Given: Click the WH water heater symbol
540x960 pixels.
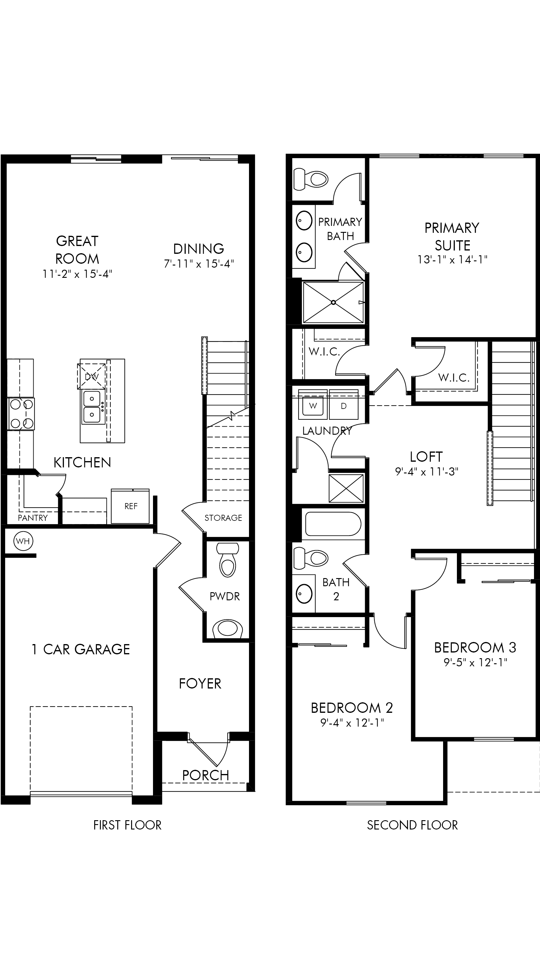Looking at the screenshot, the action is (23, 541).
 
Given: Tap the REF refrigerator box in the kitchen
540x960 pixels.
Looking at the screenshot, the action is (130, 506).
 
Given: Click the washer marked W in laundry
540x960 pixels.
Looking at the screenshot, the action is (313, 405).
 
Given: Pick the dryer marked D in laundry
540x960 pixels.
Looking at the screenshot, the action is (343, 405).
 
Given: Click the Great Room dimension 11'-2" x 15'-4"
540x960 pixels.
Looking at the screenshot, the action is (77, 274).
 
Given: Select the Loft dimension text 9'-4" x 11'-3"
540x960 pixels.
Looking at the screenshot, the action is (426, 472).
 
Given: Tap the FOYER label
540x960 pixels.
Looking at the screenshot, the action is (200, 683).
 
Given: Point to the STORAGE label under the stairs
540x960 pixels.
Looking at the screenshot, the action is (223, 517).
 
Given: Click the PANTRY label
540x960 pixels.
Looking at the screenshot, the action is (33, 517).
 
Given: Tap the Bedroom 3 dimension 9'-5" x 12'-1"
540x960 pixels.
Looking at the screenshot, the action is (475, 662).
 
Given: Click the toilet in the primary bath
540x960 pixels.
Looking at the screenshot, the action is (311, 179).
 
